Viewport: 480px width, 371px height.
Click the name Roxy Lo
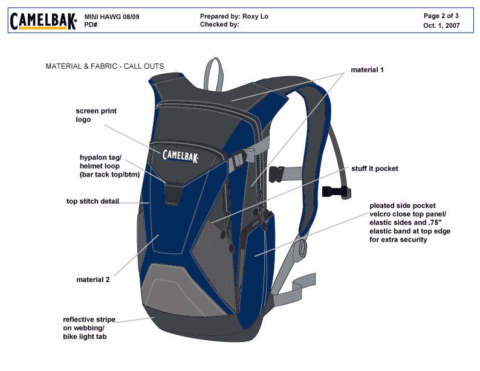tap(255, 16)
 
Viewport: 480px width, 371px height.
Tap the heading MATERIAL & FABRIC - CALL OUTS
tap(105, 66)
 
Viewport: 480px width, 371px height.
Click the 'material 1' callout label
tap(367, 70)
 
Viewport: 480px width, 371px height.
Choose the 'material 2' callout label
tap(92, 280)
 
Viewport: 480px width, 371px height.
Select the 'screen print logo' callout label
tap(88, 115)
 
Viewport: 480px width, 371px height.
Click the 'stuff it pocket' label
tap(375, 169)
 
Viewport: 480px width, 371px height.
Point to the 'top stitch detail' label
tap(92, 201)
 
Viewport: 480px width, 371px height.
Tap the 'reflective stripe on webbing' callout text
tap(89, 327)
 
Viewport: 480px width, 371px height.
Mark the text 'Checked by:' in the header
tap(219, 25)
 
